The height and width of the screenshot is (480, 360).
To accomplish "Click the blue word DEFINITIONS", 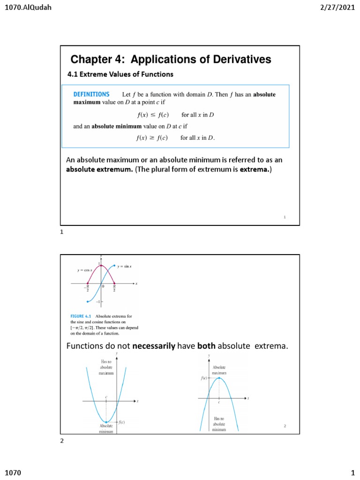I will (x=91, y=94).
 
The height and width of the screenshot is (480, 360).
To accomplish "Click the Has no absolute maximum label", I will (x=106, y=367).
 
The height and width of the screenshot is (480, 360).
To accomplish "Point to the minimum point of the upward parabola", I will (x=106, y=422).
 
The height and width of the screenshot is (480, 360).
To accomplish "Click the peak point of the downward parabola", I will (x=219, y=378).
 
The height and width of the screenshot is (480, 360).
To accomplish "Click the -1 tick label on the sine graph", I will (x=98, y=301).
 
